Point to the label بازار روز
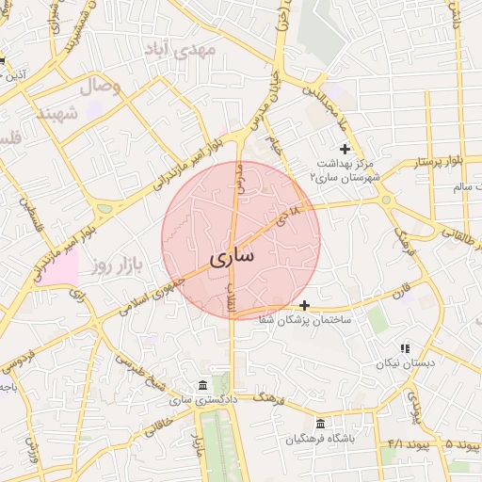116,266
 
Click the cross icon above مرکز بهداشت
345,149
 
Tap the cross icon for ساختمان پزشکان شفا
304,305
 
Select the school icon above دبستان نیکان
405,348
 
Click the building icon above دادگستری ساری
203,386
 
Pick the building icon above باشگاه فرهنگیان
322,425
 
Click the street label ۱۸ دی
287,216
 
